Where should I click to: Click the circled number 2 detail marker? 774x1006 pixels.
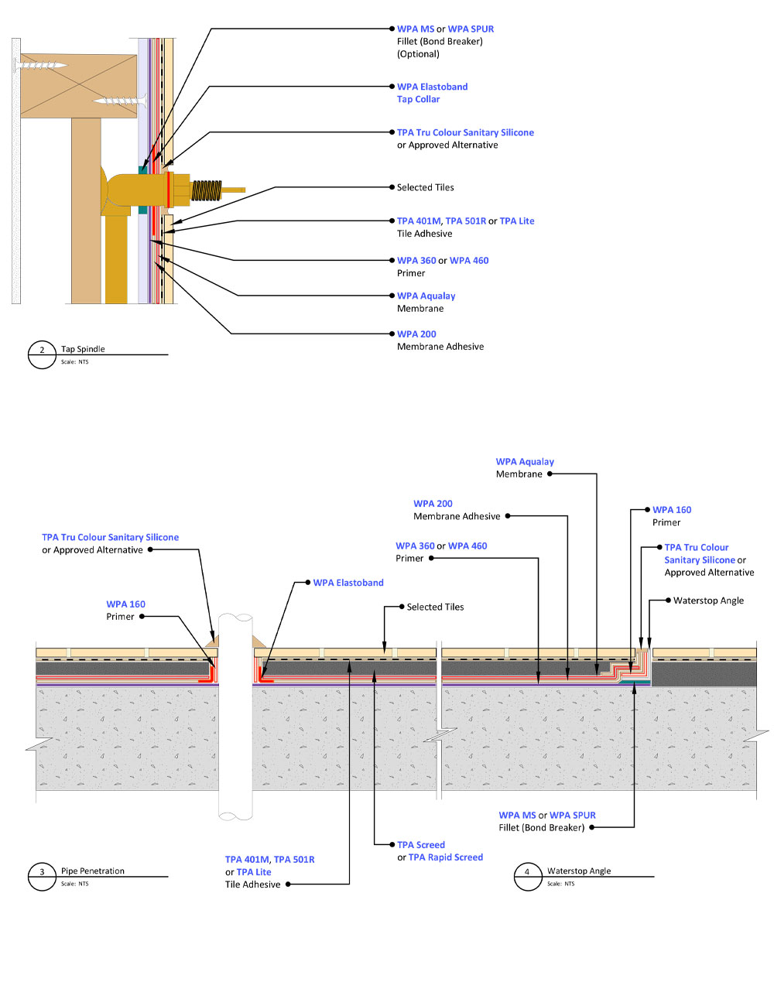(x=42, y=354)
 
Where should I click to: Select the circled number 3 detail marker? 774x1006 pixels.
(x=42, y=876)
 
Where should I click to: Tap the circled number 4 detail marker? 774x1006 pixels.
(x=527, y=876)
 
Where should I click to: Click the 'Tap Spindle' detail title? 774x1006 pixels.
(x=83, y=348)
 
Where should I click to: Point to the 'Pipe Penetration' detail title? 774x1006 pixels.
(x=93, y=871)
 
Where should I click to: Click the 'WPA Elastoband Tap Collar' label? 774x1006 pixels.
(x=432, y=93)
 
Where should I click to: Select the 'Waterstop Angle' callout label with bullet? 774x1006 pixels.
(x=704, y=600)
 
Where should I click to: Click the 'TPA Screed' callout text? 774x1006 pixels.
(x=420, y=844)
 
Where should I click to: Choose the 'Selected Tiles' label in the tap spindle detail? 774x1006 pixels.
(x=425, y=187)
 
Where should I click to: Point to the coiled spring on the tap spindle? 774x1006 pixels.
(x=207, y=190)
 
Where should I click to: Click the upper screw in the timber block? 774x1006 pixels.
(x=41, y=65)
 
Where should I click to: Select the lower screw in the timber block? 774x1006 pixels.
(x=120, y=101)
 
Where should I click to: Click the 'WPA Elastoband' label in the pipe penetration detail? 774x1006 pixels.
(x=348, y=583)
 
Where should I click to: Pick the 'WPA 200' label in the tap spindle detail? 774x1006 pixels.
(x=416, y=334)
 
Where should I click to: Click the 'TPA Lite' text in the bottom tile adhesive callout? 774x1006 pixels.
(x=254, y=872)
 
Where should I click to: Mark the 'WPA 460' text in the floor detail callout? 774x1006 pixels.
(x=467, y=546)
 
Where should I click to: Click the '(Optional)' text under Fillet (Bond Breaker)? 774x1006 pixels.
(x=418, y=53)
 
